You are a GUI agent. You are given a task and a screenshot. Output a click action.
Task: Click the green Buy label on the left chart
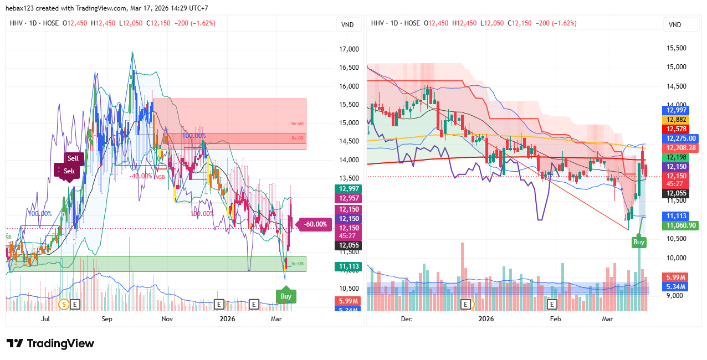pos(286,296)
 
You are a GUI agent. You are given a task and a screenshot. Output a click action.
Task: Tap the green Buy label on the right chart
pos(639,242)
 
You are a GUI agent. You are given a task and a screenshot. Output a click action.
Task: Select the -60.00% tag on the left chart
pos(315,224)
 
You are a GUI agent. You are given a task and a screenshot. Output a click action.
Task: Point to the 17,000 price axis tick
pos(349,49)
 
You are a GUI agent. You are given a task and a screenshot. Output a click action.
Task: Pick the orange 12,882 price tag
pos(677,120)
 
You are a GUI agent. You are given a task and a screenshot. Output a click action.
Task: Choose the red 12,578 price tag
pos(677,129)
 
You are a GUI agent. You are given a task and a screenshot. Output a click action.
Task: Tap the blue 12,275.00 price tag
pos(681,138)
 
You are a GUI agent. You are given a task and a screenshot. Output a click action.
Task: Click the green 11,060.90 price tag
pos(681,225)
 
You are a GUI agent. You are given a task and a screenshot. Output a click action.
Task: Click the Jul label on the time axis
pos(46,319)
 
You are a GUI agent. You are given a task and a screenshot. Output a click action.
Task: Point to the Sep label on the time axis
pos(107,319)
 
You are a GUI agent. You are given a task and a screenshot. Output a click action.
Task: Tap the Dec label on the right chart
pos(406,319)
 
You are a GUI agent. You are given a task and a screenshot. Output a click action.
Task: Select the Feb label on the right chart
pos(555,319)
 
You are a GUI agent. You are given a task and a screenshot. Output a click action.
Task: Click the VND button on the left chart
pos(347,25)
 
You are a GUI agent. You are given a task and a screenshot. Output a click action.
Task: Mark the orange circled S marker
pos(63,304)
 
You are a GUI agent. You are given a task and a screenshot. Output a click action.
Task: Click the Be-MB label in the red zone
pos(298,124)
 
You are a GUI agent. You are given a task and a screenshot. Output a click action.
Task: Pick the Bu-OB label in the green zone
pos(298,264)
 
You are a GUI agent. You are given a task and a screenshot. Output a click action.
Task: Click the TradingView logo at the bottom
pos(50,343)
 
